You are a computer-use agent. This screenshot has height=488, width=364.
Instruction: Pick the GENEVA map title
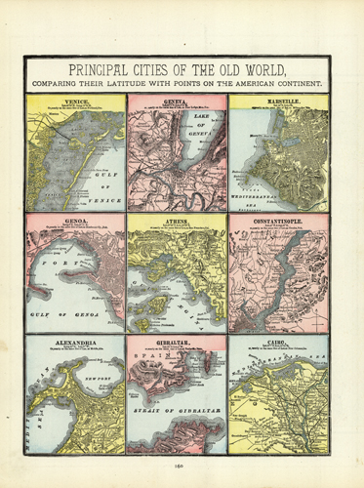(x=177, y=100)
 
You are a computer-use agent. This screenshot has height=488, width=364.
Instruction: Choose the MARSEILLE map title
(x=278, y=100)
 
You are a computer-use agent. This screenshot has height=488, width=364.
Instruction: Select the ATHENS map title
(x=177, y=221)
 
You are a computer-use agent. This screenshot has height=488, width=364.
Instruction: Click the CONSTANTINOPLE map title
(x=278, y=221)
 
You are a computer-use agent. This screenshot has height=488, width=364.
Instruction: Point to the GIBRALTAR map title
(x=177, y=344)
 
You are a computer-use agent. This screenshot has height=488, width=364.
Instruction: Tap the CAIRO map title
(x=278, y=344)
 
